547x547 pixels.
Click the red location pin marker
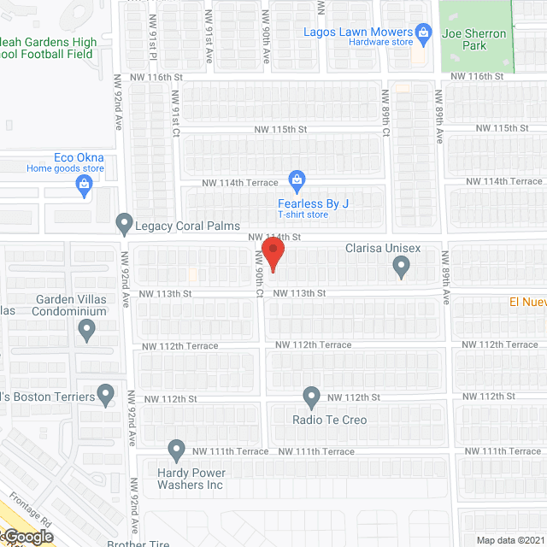click(x=272, y=255)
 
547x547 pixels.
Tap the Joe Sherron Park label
click(x=474, y=40)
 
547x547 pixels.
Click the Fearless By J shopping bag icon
click(x=297, y=179)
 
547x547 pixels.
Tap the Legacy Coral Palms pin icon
click(x=125, y=223)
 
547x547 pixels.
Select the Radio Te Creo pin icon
click(x=312, y=397)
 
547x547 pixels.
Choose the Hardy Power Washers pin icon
click(x=177, y=449)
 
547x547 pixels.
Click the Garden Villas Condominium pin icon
click(x=86, y=330)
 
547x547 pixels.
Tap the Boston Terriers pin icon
click(x=106, y=395)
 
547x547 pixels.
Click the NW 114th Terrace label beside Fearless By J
click(x=240, y=183)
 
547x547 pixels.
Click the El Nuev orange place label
click(x=527, y=301)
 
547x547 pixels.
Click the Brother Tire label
click(x=137, y=543)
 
